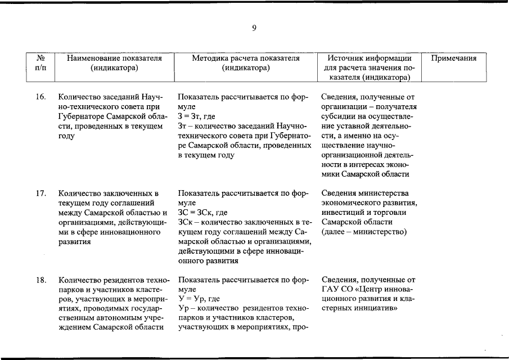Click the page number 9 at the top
click(254, 28)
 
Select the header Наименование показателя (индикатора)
click(114, 63)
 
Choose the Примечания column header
click(454, 58)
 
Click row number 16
click(40, 97)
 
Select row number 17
click(40, 193)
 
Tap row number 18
click(40, 280)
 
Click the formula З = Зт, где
click(197, 116)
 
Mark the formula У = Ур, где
click(199, 299)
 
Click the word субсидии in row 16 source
click(338, 116)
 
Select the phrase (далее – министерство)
click(364, 232)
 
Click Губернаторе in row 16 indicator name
click(82, 116)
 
